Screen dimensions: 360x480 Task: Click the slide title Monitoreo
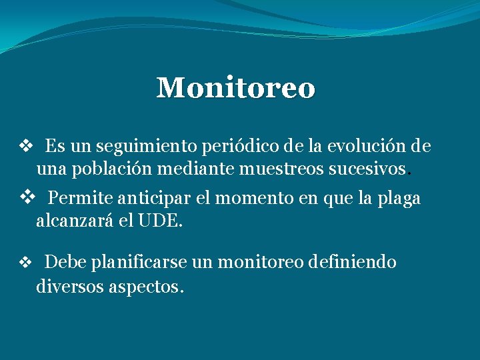click(x=235, y=88)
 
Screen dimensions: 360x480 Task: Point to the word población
click(x=113, y=170)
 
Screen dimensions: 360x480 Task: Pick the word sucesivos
click(x=367, y=169)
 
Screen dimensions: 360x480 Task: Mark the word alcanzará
click(x=75, y=221)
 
